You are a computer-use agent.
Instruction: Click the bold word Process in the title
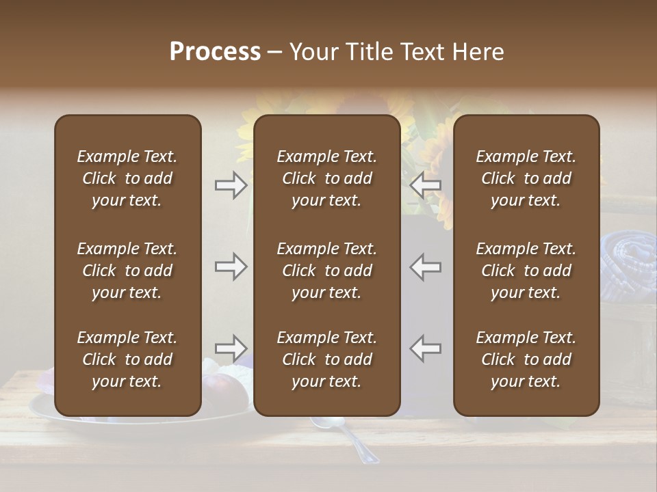click(x=215, y=52)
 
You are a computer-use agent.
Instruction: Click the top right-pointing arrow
click(x=231, y=185)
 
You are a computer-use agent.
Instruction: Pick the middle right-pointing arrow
click(x=231, y=266)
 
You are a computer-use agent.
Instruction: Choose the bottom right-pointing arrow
click(x=231, y=348)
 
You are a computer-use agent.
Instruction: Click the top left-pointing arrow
click(x=425, y=185)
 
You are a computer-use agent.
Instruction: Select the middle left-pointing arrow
click(x=425, y=266)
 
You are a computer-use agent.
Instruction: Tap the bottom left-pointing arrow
click(x=425, y=348)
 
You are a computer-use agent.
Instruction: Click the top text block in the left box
click(x=127, y=178)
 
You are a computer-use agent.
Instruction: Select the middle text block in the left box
click(x=127, y=271)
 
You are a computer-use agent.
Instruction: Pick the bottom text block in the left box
click(x=127, y=359)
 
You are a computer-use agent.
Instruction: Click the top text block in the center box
click(x=326, y=178)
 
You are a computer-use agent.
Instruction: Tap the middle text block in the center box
click(x=326, y=271)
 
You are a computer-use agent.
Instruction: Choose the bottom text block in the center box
click(x=326, y=359)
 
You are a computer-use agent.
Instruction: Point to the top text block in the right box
click(x=526, y=178)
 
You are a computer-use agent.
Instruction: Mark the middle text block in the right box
click(x=526, y=271)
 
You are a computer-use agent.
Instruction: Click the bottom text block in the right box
click(x=526, y=359)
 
